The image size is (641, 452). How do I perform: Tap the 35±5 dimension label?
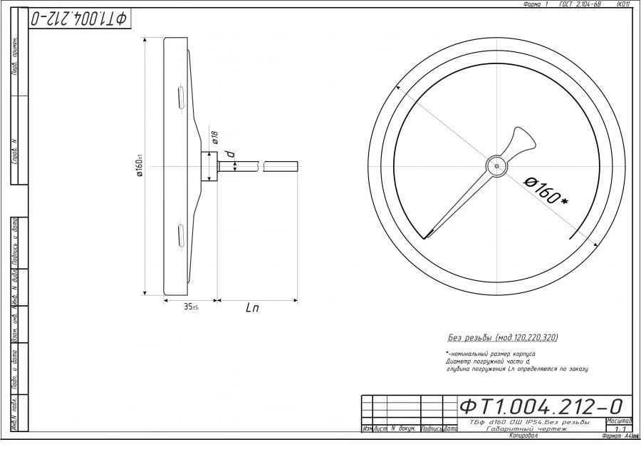click(x=190, y=307)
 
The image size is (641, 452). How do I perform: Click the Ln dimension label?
click(x=252, y=308)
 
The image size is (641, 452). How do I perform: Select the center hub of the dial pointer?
click(x=496, y=165)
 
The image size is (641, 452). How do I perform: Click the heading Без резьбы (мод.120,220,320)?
click(x=502, y=337)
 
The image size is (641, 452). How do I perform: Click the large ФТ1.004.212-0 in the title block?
click(x=541, y=406)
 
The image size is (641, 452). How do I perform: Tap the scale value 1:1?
click(x=618, y=429)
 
